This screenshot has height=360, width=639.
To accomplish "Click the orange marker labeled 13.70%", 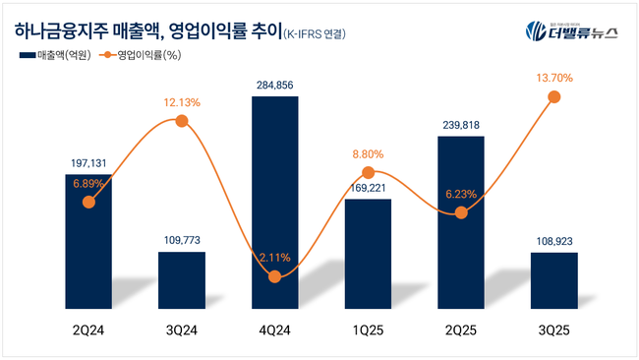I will [x=554, y=96].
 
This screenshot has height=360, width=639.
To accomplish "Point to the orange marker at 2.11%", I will [x=275, y=277].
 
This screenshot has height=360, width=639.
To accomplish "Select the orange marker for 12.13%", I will [x=182, y=120].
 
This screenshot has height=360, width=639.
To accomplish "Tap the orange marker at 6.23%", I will [x=461, y=212].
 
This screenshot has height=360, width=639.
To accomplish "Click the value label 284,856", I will [x=275, y=87].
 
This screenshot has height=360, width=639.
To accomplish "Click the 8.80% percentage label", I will [x=369, y=154].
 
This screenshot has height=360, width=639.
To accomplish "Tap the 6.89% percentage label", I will [x=89, y=183].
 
